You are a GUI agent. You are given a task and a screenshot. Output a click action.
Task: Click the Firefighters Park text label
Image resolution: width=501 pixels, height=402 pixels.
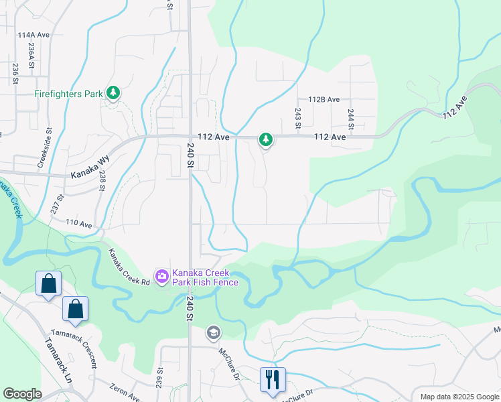click(68, 94)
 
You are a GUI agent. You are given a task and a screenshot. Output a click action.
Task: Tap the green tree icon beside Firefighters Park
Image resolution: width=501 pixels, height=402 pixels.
click(113, 93)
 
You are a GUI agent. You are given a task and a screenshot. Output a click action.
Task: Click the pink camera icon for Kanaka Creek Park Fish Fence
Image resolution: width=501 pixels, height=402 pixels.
click(161, 276)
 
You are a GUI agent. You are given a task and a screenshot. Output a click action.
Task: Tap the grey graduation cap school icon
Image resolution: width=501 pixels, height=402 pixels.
click(214, 332)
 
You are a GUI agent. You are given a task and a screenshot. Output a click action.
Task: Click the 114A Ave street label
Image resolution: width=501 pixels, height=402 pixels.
click(34, 35)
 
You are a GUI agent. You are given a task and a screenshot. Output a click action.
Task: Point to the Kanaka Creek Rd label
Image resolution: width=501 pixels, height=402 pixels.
click(129, 267)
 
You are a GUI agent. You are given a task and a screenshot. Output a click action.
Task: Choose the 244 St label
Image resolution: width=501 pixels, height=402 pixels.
click(350, 118)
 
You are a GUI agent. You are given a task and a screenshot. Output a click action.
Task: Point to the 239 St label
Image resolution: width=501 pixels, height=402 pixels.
click(159, 379)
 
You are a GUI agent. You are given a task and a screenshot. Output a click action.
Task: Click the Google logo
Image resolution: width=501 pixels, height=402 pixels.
click(22, 394)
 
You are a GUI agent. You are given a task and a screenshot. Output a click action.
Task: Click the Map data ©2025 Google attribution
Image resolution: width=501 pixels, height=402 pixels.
click(459, 397)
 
